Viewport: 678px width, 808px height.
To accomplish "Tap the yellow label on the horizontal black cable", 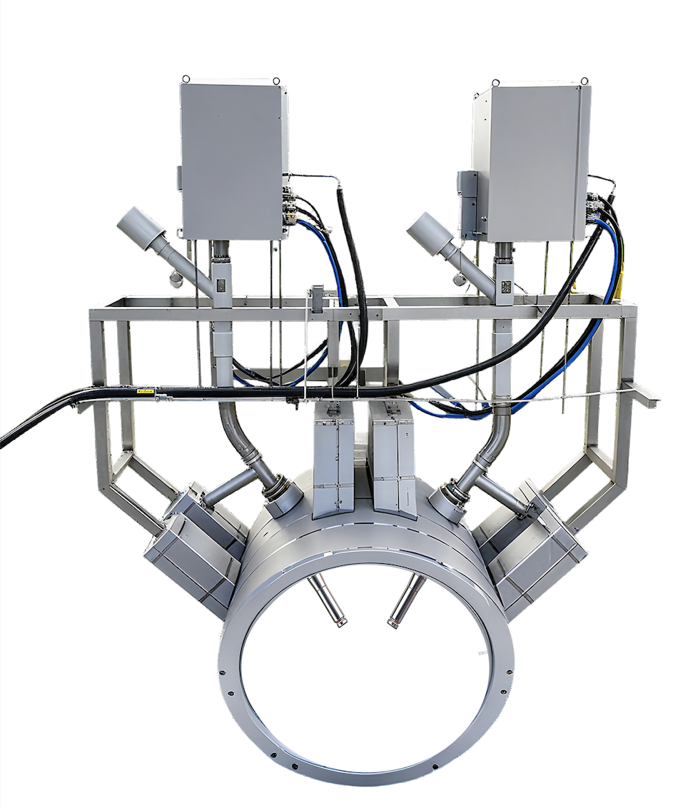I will tap(147, 391).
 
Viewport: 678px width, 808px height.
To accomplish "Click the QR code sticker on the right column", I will tap(506, 287).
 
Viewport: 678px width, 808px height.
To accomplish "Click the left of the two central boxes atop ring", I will tap(333, 457).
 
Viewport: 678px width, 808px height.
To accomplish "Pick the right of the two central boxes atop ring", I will tap(393, 457).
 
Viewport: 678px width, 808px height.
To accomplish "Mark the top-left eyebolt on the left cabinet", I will tap(186, 79).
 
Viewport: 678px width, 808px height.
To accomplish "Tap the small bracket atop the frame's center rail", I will tap(317, 293).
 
